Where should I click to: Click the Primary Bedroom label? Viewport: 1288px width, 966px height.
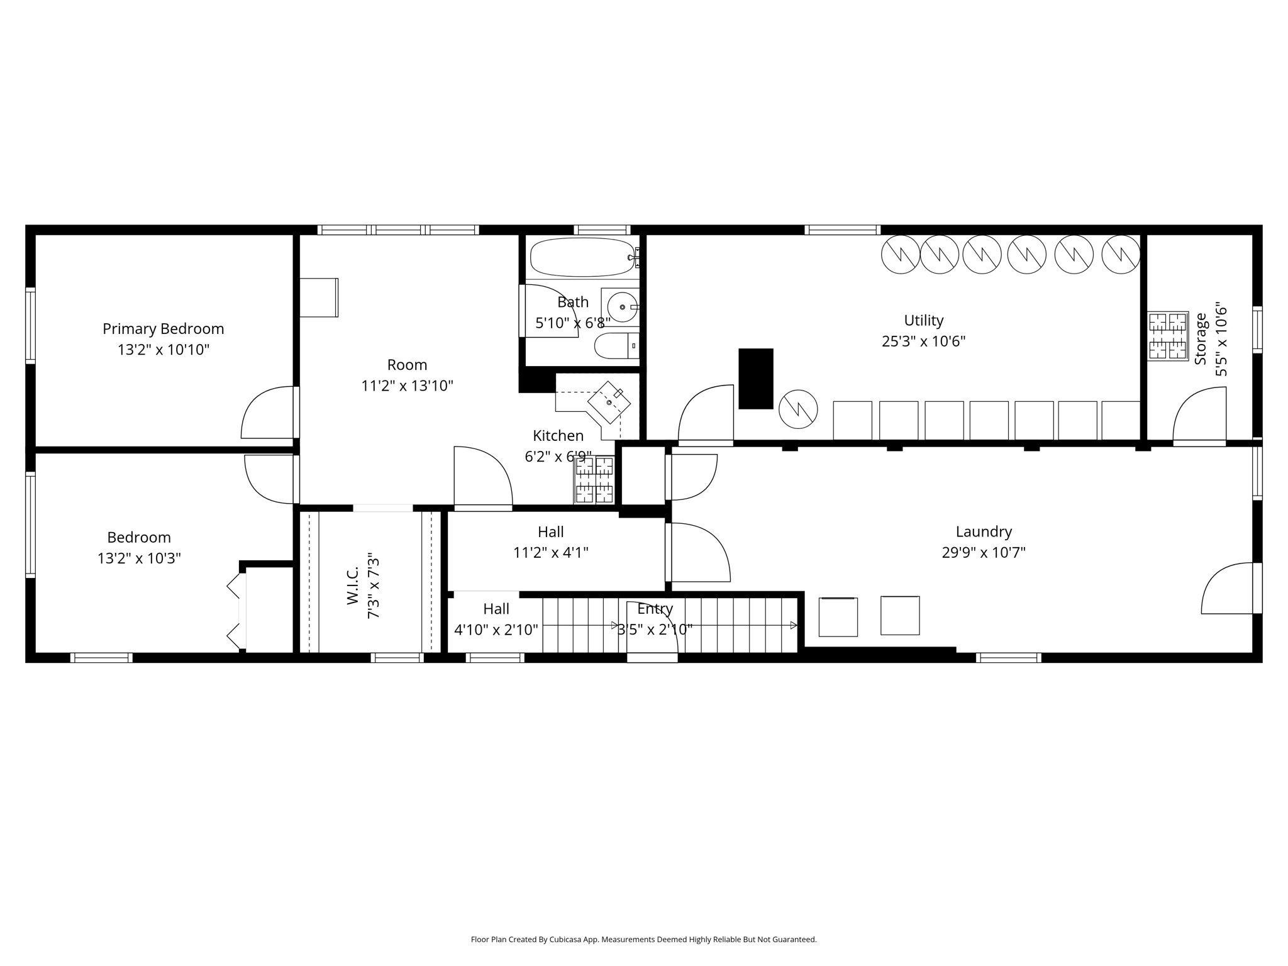(163, 329)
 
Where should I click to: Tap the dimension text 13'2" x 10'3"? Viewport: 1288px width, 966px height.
(139, 558)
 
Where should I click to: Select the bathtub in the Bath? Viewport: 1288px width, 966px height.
(582, 257)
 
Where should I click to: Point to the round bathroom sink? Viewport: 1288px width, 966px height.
(623, 307)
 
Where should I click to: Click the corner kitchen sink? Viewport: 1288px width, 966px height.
(609, 402)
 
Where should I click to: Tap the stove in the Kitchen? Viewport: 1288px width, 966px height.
(594, 480)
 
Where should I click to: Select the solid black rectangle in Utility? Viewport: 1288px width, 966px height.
(755, 379)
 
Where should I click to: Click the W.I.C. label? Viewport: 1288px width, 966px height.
(352, 586)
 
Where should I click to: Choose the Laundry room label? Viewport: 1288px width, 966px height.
(984, 532)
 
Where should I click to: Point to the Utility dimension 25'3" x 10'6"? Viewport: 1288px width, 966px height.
(923, 341)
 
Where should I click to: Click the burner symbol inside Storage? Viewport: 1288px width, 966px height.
(1168, 335)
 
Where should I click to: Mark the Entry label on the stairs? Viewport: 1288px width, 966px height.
(655, 609)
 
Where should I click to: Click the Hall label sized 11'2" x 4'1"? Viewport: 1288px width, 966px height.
(550, 532)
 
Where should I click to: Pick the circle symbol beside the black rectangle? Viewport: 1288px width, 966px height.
(798, 409)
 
